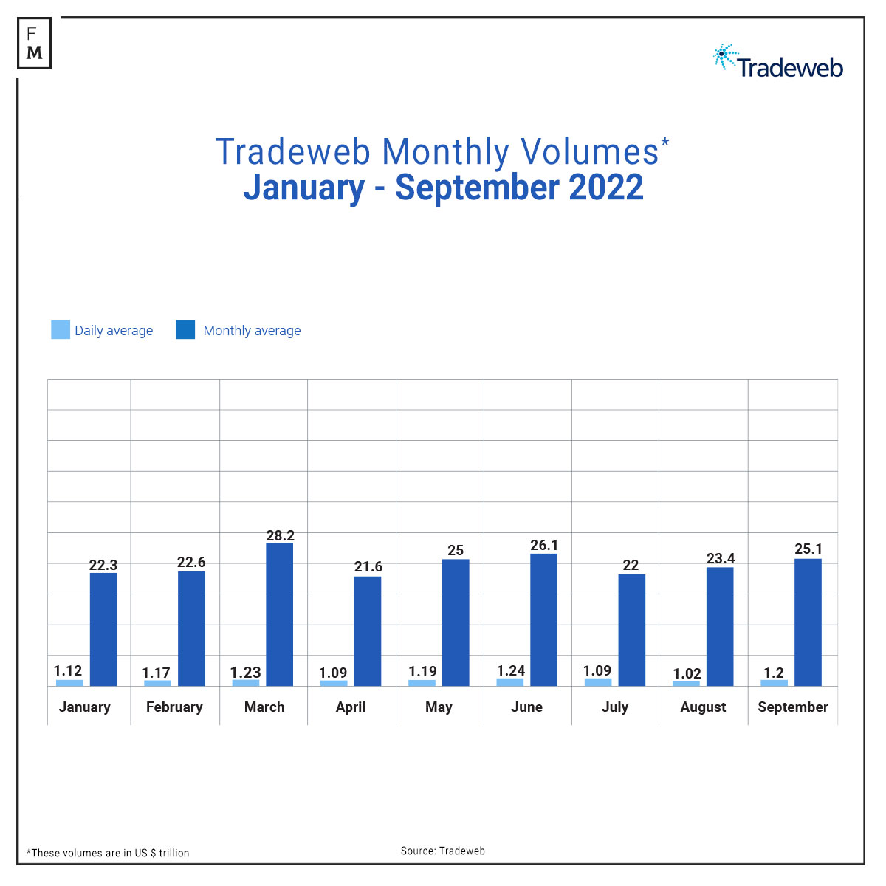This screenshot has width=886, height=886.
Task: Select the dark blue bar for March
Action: (279, 614)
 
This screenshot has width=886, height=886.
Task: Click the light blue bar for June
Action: (509, 682)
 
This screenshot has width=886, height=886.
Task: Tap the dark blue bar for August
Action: (720, 626)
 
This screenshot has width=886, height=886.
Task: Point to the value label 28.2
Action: (280, 535)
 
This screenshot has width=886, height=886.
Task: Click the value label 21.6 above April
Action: (368, 566)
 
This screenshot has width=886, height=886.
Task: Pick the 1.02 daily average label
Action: (687, 673)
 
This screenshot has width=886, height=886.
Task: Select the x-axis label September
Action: (792, 707)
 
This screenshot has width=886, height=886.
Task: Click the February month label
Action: (174, 707)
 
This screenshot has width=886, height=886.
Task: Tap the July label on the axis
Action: (614, 707)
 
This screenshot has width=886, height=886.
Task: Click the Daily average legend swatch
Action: (61, 329)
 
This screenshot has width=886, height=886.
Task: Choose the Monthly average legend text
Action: (252, 331)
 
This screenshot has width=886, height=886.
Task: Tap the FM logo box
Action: (34, 43)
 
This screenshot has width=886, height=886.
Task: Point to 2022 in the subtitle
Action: (606, 187)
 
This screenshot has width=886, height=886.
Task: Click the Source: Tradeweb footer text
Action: (443, 851)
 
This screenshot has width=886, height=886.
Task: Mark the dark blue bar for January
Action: (103, 629)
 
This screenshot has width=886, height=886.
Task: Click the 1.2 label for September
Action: (773, 673)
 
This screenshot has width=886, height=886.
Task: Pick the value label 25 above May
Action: (456, 550)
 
